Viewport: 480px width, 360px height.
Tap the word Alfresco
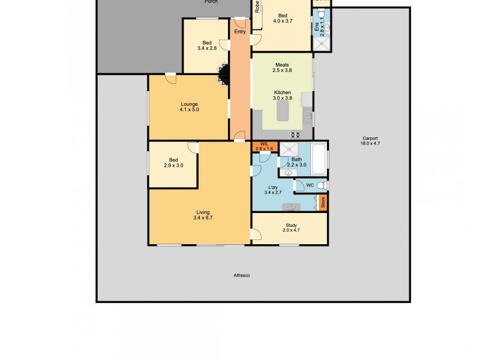click(x=241, y=275)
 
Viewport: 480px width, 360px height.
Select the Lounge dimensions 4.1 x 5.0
click(x=189, y=110)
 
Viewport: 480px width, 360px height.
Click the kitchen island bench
click(x=282, y=112)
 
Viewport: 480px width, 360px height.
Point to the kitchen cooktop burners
click(x=294, y=134)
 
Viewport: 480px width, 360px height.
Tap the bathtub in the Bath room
click(x=319, y=157)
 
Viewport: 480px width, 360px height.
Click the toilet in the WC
click(x=321, y=185)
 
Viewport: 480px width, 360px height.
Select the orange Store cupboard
click(x=322, y=203)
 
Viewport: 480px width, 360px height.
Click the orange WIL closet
click(x=265, y=146)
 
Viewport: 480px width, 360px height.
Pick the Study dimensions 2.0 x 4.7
click(x=292, y=230)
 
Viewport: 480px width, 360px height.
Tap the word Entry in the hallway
click(x=240, y=32)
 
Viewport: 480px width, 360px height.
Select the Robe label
click(x=257, y=7)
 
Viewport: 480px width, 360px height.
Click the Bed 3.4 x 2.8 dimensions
click(x=207, y=48)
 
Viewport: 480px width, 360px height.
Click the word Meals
click(x=282, y=65)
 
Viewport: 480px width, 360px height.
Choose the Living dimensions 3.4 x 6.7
click(x=203, y=218)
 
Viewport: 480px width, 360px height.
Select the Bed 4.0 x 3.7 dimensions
click(x=283, y=20)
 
